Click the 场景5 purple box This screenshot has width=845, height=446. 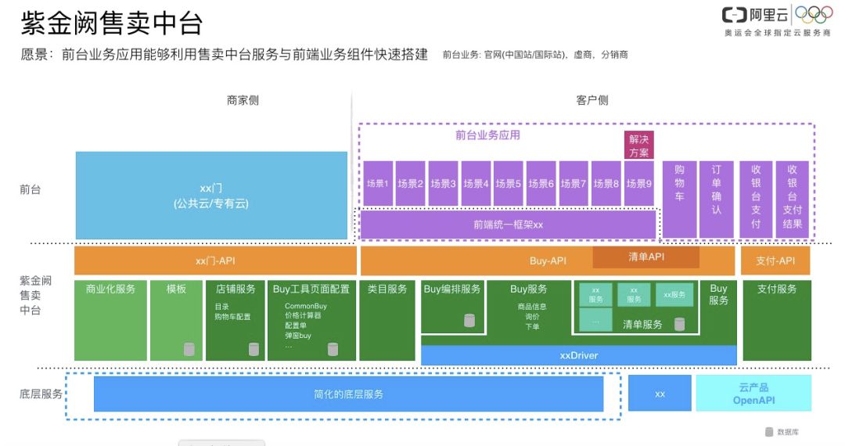(x=508, y=184)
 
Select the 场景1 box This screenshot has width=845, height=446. (x=377, y=184)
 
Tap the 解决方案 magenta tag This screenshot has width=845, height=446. (x=638, y=146)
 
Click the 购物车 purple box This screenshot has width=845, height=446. (x=679, y=199)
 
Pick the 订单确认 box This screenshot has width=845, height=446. (x=717, y=199)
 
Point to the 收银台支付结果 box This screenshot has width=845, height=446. (x=792, y=199)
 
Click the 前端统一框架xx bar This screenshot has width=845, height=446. (x=508, y=225)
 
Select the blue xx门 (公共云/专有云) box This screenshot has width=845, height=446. (x=211, y=196)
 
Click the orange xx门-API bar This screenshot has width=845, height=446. (x=214, y=261)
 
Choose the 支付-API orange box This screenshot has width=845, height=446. (x=776, y=261)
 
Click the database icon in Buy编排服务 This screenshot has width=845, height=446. (x=469, y=320)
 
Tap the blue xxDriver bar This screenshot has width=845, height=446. (x=578, y=355)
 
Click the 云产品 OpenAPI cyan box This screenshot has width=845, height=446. (x=753, y=393)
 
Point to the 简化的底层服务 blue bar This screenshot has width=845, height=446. (x=348, y=394)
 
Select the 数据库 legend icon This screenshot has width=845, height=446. (x=768, y=432)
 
